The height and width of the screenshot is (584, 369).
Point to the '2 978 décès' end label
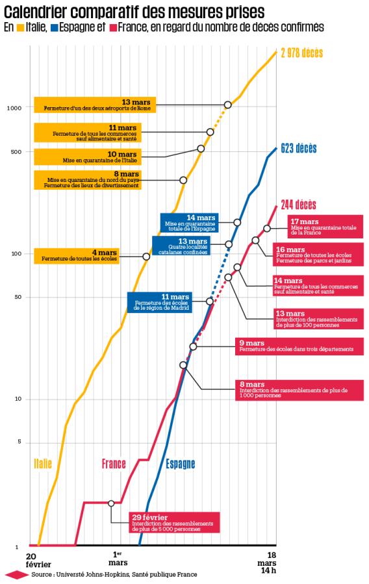301,53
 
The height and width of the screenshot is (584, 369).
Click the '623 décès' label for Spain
299,148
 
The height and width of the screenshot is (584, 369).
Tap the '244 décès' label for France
298,205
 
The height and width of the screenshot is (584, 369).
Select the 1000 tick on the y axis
14,108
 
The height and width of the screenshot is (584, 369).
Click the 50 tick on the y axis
18,298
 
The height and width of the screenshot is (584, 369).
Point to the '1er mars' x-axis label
118,558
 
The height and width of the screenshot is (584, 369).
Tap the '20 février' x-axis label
38,560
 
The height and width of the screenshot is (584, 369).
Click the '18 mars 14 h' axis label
266,563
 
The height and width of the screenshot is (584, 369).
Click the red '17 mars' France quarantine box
325,225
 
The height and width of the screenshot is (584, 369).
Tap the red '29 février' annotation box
173,522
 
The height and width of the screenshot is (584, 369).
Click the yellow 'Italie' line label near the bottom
43,463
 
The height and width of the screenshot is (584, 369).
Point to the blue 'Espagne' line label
180,464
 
